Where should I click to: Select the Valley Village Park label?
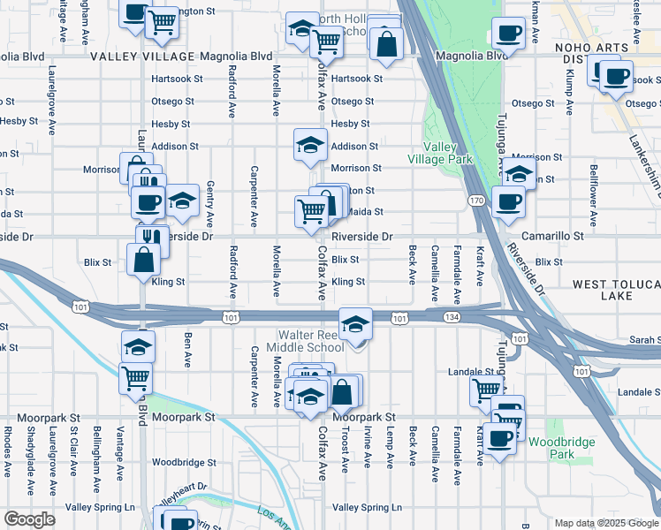coord(439,153)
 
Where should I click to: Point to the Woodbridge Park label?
coord(563,447)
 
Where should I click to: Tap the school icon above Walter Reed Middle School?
coord(355,325)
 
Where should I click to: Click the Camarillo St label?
coord(552,237)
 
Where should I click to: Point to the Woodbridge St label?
coord(184,462)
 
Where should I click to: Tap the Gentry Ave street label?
coord(210,208)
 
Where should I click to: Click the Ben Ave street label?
coord(187,349)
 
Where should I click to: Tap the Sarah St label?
coord(645,340)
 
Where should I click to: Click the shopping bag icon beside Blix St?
coord(143,261)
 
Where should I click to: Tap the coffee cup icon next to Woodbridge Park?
coord(500,439)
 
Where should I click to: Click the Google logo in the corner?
coord(29,519)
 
